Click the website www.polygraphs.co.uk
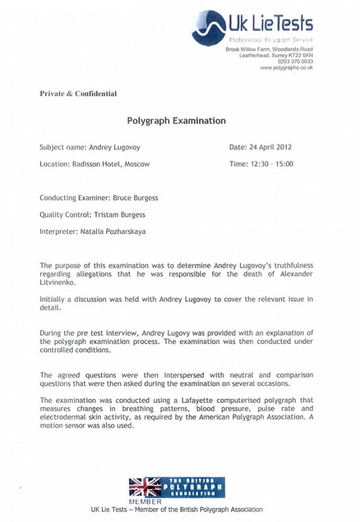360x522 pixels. tap(287, 68)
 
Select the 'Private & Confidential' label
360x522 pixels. tap(78, 94)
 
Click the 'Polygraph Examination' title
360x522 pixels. tap(176, 121)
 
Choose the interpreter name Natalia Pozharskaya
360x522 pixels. tap(119, 230)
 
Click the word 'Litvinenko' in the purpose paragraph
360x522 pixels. tap(58, 283)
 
